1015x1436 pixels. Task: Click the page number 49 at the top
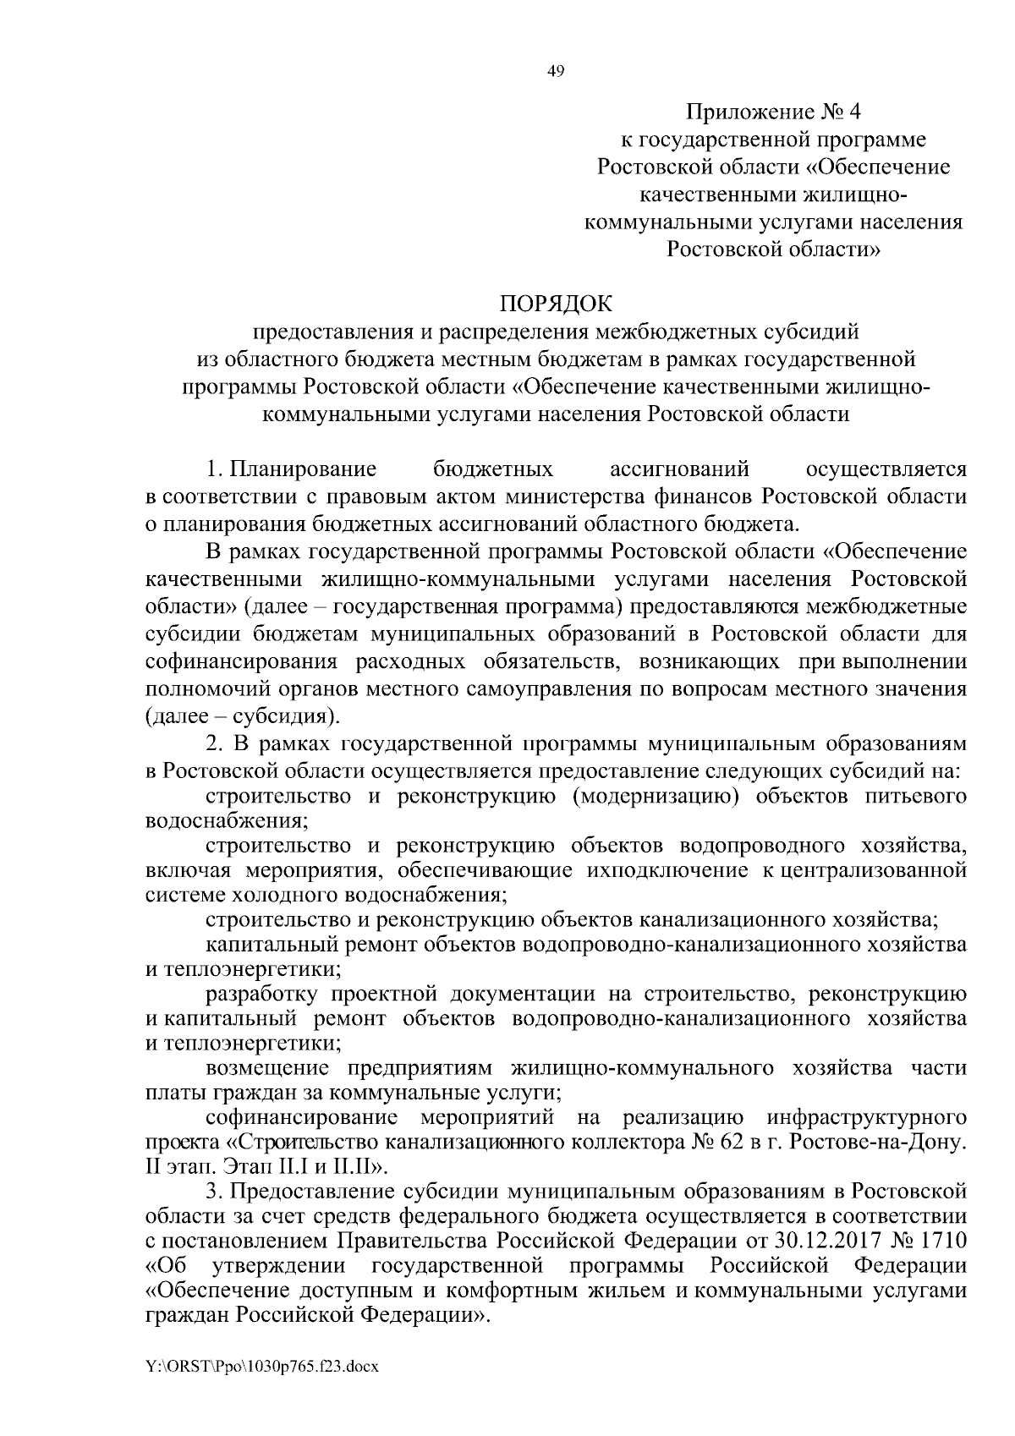[x=556, y=71]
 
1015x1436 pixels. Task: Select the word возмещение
[x=272, y=1067]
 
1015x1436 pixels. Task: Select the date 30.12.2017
[x=826, y=1241]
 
